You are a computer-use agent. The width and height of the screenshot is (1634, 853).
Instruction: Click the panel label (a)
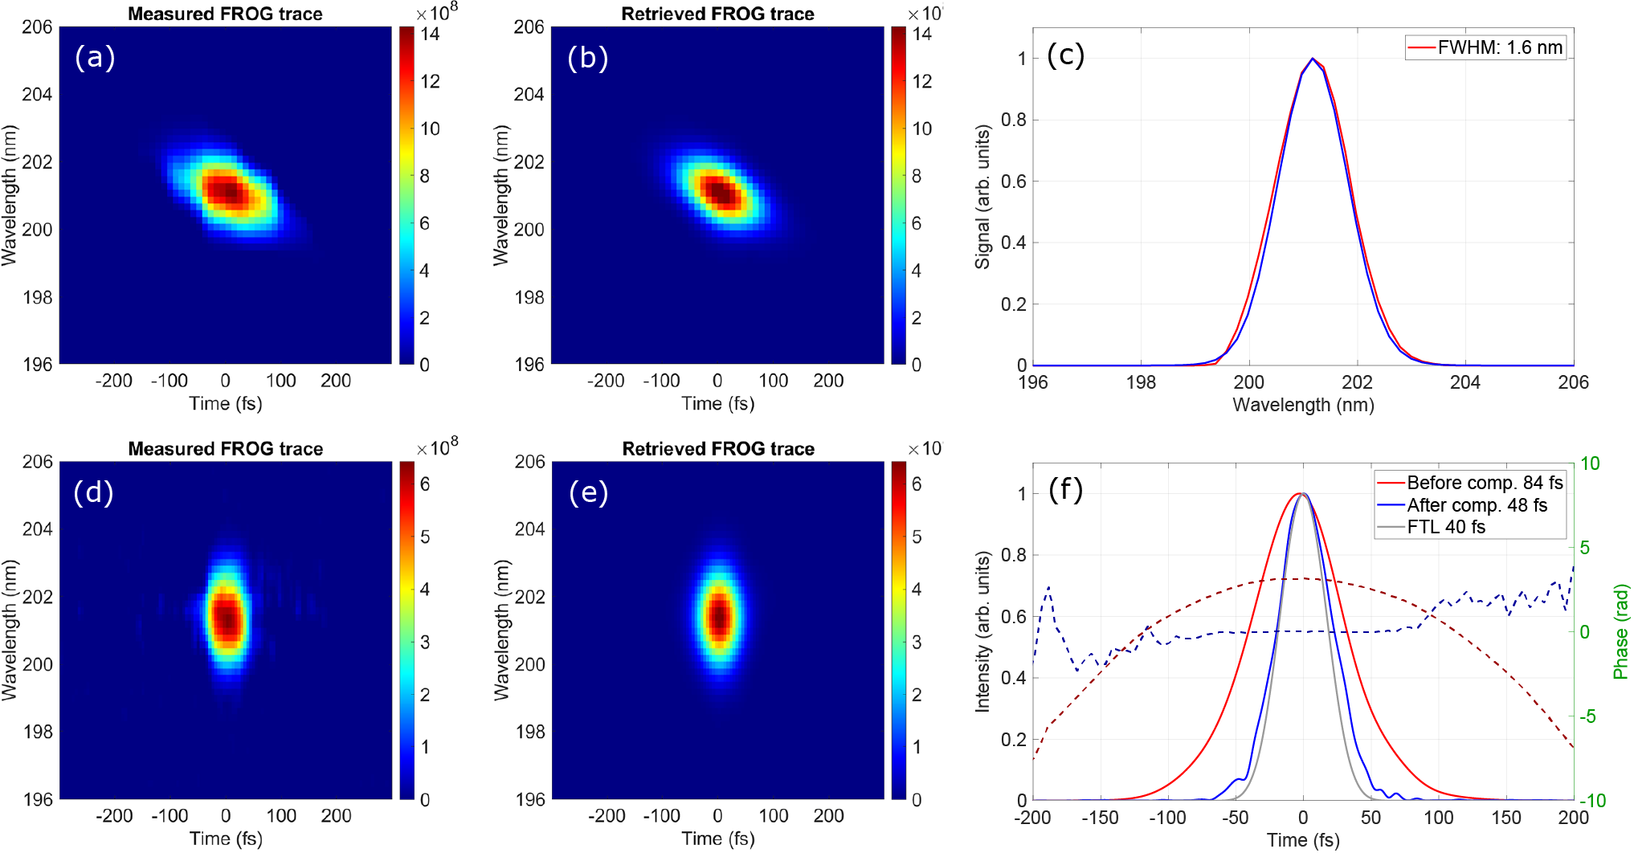point(95,58)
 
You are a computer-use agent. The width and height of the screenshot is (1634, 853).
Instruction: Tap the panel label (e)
point(588,492)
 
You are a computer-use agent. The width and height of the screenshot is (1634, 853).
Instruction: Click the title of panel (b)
point(717,14)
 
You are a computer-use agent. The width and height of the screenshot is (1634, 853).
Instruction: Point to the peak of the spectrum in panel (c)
point(1313,59)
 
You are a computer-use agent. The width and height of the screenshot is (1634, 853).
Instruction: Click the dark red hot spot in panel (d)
point(227,618)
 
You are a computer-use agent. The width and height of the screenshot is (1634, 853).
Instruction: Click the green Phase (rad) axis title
point(1621,631)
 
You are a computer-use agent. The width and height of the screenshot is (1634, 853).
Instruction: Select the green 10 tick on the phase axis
point(1590,463)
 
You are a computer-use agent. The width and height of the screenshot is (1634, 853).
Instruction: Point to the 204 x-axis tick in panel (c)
point(1464,382)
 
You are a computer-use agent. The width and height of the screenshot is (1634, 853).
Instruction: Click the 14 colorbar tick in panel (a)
point(430,34)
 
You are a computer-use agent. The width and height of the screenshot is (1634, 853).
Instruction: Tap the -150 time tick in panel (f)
point(1099,818)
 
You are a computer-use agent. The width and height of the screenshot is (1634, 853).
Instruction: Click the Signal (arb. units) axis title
point(982,197)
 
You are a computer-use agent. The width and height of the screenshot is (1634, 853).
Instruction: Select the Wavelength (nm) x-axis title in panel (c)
point(1303,405)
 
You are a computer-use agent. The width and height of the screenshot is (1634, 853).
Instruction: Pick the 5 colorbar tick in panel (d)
point(425,537)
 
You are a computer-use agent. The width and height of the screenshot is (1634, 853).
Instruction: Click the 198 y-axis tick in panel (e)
point(529,732)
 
